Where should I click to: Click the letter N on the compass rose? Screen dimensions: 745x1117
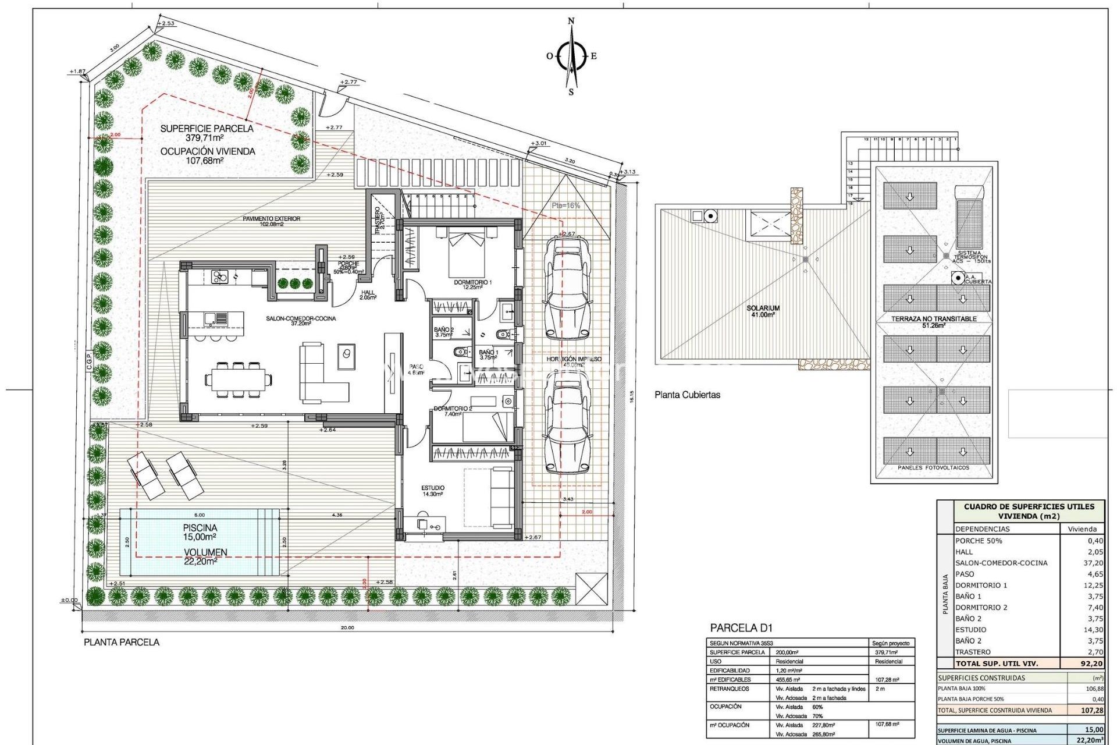[571, 22]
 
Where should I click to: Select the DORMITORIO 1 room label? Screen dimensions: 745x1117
[472, 283]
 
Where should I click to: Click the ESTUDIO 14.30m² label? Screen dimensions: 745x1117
[432, 491]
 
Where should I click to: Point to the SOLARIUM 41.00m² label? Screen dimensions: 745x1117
[763, 311]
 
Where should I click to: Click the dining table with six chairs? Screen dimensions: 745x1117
[238, 380]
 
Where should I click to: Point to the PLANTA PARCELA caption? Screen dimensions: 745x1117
[122, 642]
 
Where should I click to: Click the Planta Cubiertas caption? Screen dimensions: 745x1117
[687, 395]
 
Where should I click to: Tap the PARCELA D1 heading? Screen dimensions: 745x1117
[741, 628]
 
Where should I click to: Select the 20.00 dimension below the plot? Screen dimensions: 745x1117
[347, 627]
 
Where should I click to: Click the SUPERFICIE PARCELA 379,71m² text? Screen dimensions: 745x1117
[207, 133]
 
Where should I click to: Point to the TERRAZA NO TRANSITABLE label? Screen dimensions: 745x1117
[933, 319]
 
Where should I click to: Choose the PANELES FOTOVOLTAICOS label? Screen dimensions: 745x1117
[933, 467]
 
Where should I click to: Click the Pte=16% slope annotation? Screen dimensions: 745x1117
[565, 205]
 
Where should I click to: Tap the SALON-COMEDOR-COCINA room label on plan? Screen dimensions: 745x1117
[301, 318]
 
